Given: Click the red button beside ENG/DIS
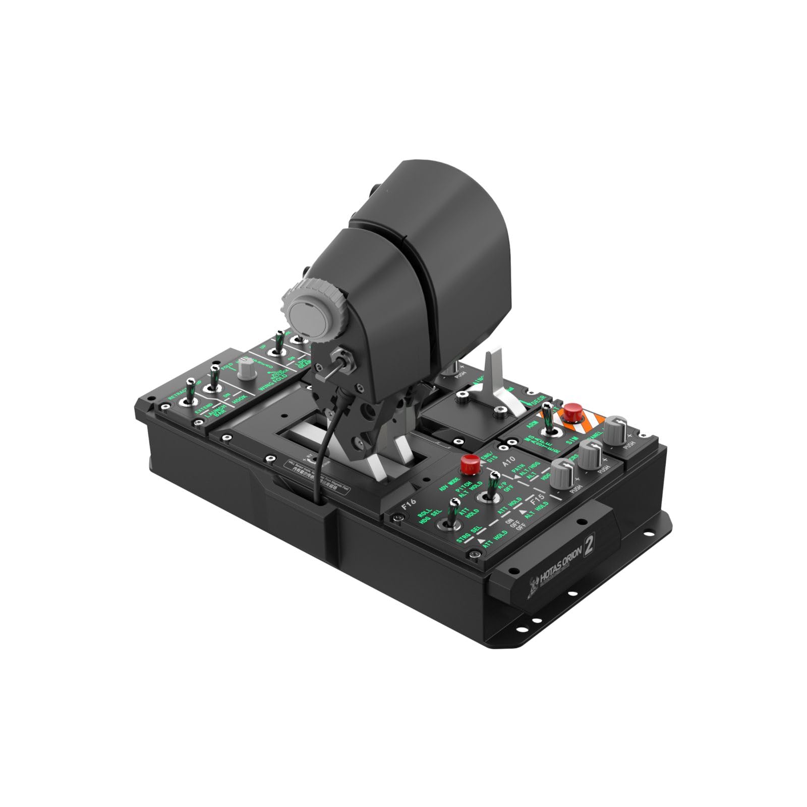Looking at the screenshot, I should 470,463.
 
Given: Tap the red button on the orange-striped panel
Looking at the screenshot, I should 572,412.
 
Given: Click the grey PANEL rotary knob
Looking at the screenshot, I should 615,430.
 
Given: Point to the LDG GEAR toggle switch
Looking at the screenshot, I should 278,344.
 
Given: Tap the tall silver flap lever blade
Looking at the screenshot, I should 491,374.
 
